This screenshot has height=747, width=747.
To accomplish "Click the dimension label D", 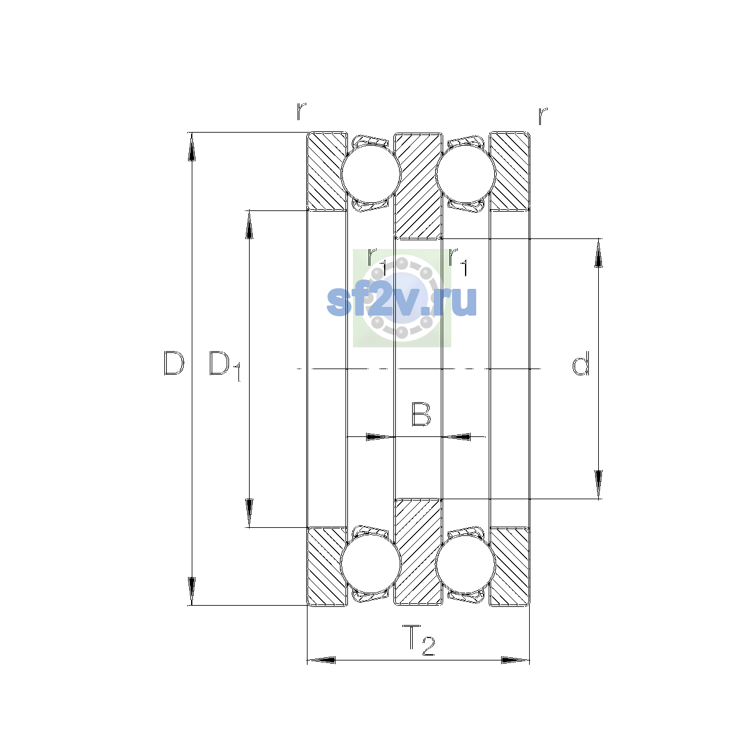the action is click(174, 363).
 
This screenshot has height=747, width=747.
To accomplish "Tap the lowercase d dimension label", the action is click(581, 363).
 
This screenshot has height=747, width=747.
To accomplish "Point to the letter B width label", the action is click(421, 414).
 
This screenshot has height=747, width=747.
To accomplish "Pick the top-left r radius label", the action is click(301, 111).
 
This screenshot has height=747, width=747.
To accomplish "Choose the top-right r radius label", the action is click(543, 116).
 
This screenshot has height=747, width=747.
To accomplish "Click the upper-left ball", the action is click(370, 174).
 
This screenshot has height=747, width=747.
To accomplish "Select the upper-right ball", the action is click(466, 174).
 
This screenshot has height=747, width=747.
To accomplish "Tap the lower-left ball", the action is click(370, 565).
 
